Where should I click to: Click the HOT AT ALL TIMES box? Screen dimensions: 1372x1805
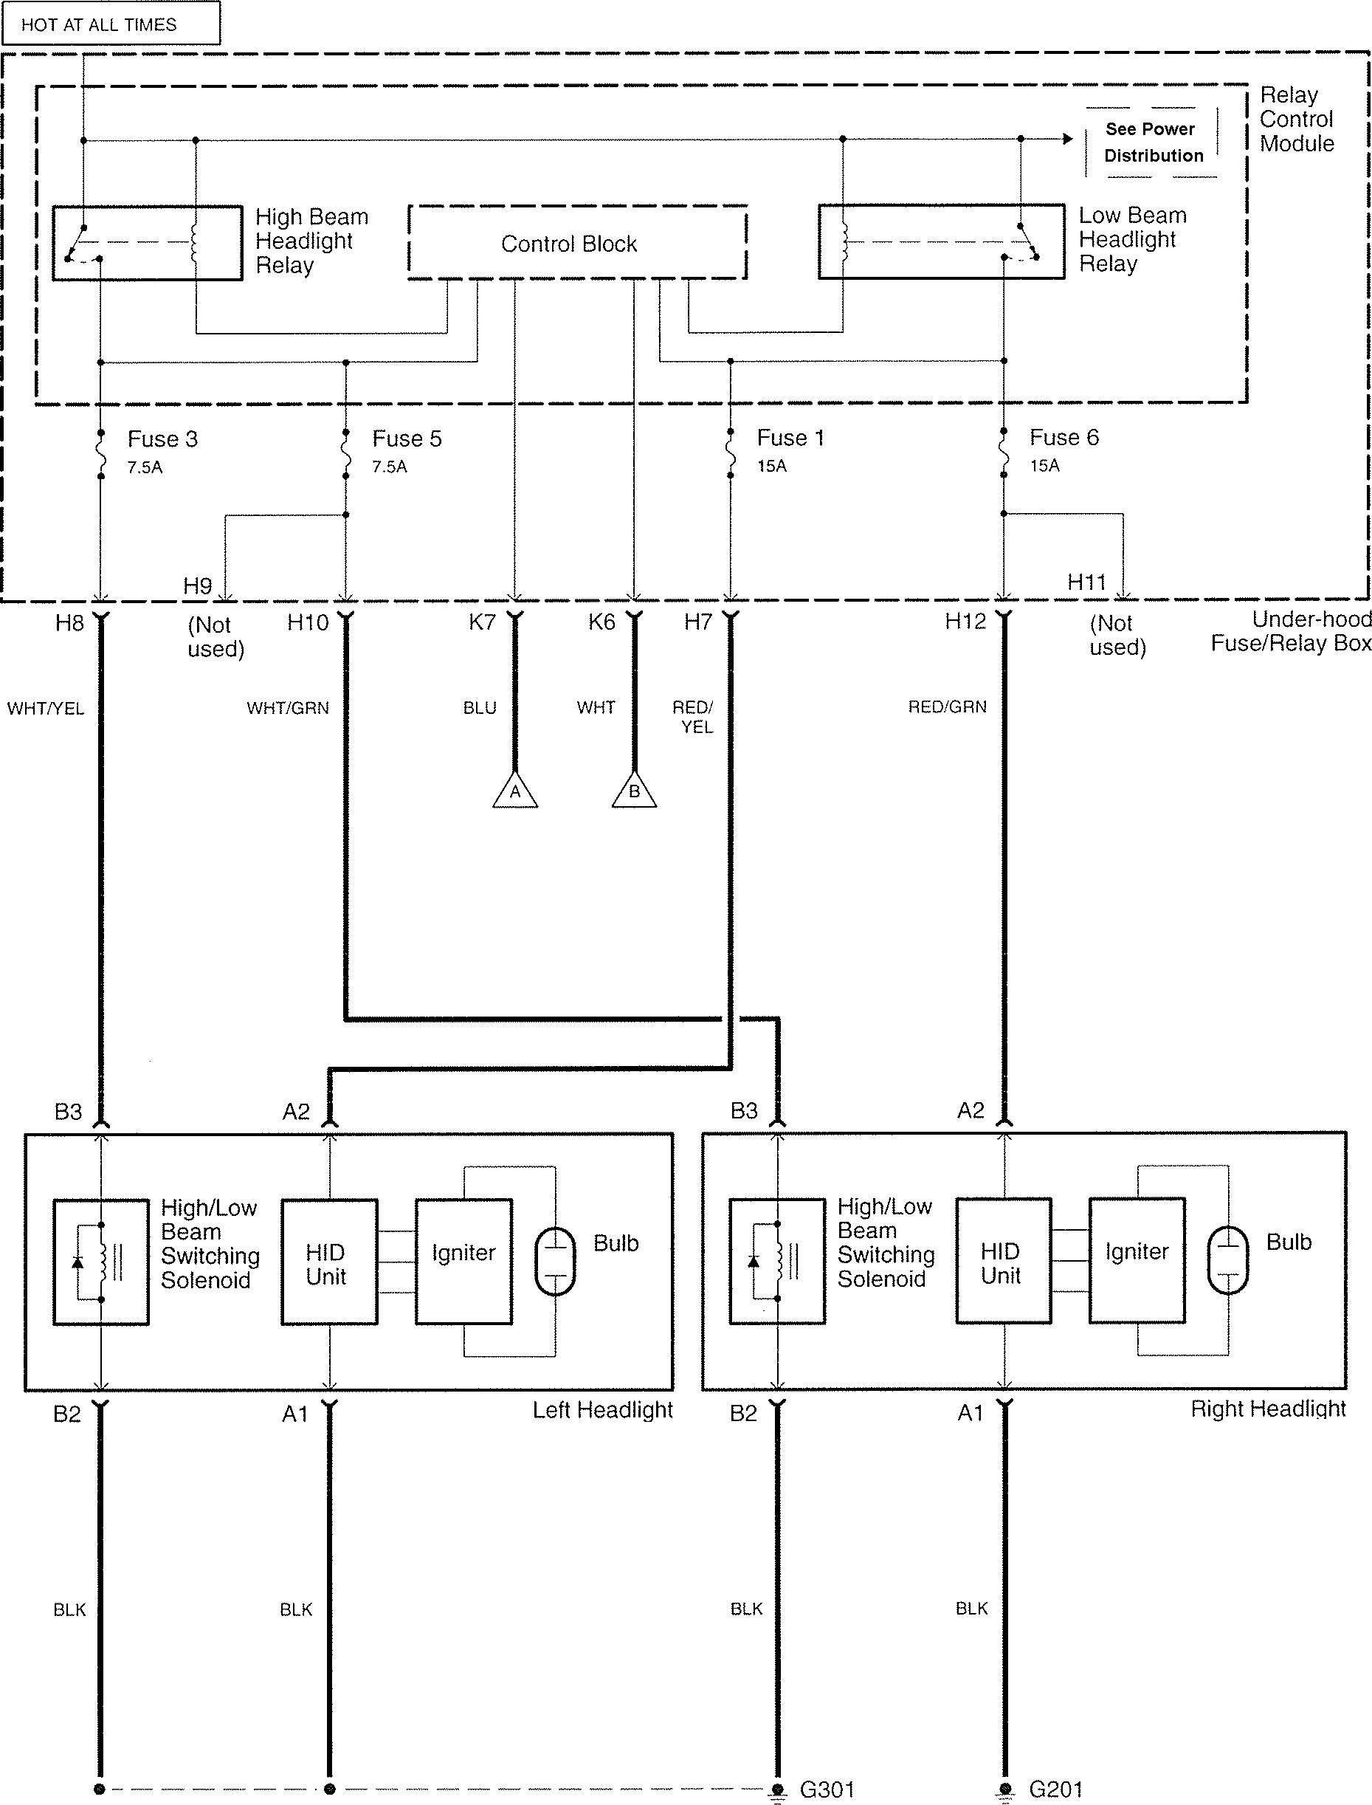[x=111, y=23]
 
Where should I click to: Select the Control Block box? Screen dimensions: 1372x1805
[x=577, y=243]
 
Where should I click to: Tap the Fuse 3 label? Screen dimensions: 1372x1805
[x=162, y=439]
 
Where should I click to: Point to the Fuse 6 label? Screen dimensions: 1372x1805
[x=1064, y=438]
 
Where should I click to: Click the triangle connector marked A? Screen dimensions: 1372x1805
[x=515, y=790]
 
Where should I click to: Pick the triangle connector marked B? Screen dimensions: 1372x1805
[x=635, y=790]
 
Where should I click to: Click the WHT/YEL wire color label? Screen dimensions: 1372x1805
[x=46, y=708]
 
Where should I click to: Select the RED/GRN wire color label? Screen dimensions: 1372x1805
[x=948, y=706]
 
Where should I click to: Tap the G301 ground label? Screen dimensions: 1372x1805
[x=827, y=1789]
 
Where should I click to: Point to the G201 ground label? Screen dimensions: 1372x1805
[x=1056, y=1789]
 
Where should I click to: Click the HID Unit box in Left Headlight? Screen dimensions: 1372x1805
[x=330, y=1262]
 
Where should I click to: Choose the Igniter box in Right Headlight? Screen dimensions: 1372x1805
[x=1137, y=1260]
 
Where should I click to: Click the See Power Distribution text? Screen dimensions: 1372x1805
[x=1152, y=142]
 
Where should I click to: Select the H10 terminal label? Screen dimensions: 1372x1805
[x=308, y=623]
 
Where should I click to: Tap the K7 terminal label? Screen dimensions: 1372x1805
[x=482, y=622]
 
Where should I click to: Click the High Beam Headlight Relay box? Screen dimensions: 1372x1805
[x=148, y=244]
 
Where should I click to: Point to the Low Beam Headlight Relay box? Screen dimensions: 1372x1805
[x=942, y=241]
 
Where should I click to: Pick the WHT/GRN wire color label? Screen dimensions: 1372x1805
[x=289, y=708]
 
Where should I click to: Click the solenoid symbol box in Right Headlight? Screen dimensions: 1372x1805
[x=777, y=1261]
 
